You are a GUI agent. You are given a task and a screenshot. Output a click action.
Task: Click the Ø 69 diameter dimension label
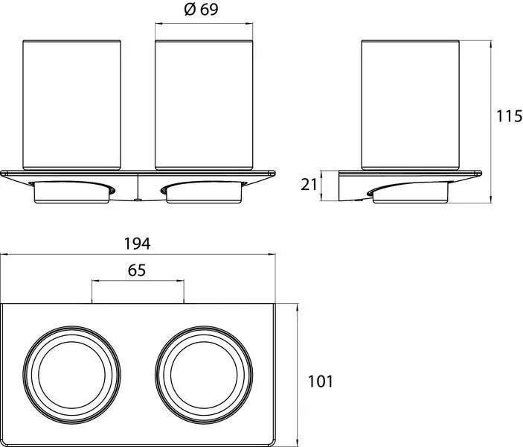pos(201,10)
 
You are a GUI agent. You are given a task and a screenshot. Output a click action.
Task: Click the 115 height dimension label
pos(510,116)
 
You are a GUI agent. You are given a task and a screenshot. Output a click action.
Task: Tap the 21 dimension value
pos(309,185)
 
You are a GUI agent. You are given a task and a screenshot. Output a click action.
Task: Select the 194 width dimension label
pos(137,244)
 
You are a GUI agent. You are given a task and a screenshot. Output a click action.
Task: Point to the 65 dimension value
pos(137,270)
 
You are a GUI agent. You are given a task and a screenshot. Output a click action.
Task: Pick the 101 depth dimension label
pos(320,381)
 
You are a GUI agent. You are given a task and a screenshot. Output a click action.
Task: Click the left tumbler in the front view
pos(71,105)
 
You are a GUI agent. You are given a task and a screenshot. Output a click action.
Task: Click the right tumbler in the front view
pos(204,105)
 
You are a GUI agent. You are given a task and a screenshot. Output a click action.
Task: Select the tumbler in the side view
pos(410,105)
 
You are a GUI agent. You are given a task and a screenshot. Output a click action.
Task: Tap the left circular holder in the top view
pos(71,375)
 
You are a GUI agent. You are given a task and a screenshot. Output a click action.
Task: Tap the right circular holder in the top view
pos(204,375)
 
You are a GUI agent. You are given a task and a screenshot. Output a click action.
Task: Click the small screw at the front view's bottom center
pos(138,200)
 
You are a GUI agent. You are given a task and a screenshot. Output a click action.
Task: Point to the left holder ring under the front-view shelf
pos(72,192)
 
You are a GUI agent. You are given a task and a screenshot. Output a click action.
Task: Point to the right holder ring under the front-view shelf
pos(204,192)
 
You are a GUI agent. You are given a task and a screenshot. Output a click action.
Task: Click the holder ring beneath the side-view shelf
pos(410,193)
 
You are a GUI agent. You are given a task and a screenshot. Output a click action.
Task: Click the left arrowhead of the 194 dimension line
pos(3,255)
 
